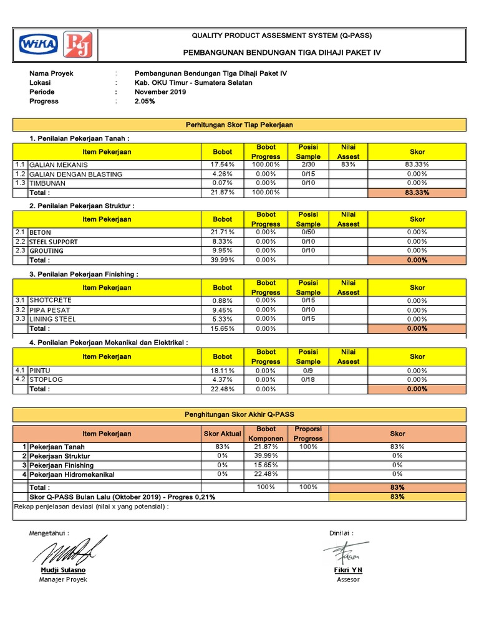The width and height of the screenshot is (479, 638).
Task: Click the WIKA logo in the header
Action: pos(39,45)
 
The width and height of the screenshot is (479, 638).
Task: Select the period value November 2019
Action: pos(160,92)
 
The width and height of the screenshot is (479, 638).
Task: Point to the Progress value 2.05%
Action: pos(145,101)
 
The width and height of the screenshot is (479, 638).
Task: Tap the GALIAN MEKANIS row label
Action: pos(59,165)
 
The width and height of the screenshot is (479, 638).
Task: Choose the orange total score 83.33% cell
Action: pos(417,193)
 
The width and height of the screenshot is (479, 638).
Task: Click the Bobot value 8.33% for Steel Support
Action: pos(222,241)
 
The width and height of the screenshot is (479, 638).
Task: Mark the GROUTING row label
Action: pos(46,251)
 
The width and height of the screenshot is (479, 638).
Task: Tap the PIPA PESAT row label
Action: pos(50,310)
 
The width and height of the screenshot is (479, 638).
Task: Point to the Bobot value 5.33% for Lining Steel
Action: pos(222,319)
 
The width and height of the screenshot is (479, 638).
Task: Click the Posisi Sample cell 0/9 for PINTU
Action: pos(308,370)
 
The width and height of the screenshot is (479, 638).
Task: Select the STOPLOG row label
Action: pos(46,379)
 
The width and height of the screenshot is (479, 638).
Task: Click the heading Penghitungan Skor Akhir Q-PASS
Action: pos(239,414)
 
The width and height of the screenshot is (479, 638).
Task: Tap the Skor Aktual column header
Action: pos(221,434)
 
